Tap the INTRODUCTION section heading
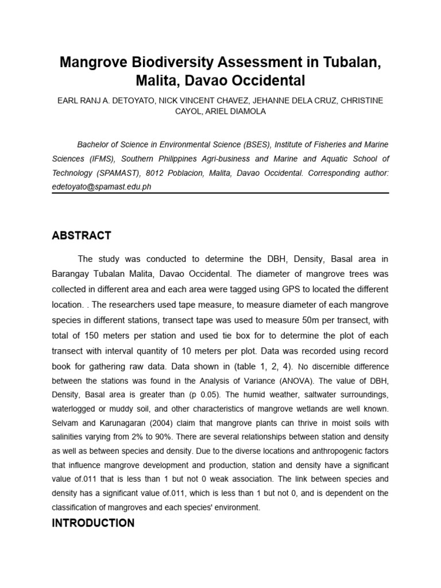pyautogui.click(x=93, y=523)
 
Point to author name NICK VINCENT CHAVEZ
pyautogui.click(x=209, y=100)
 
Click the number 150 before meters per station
pyautogui.click(x=94, y=335)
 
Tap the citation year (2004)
pyautogui.click(x=156, y=423)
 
